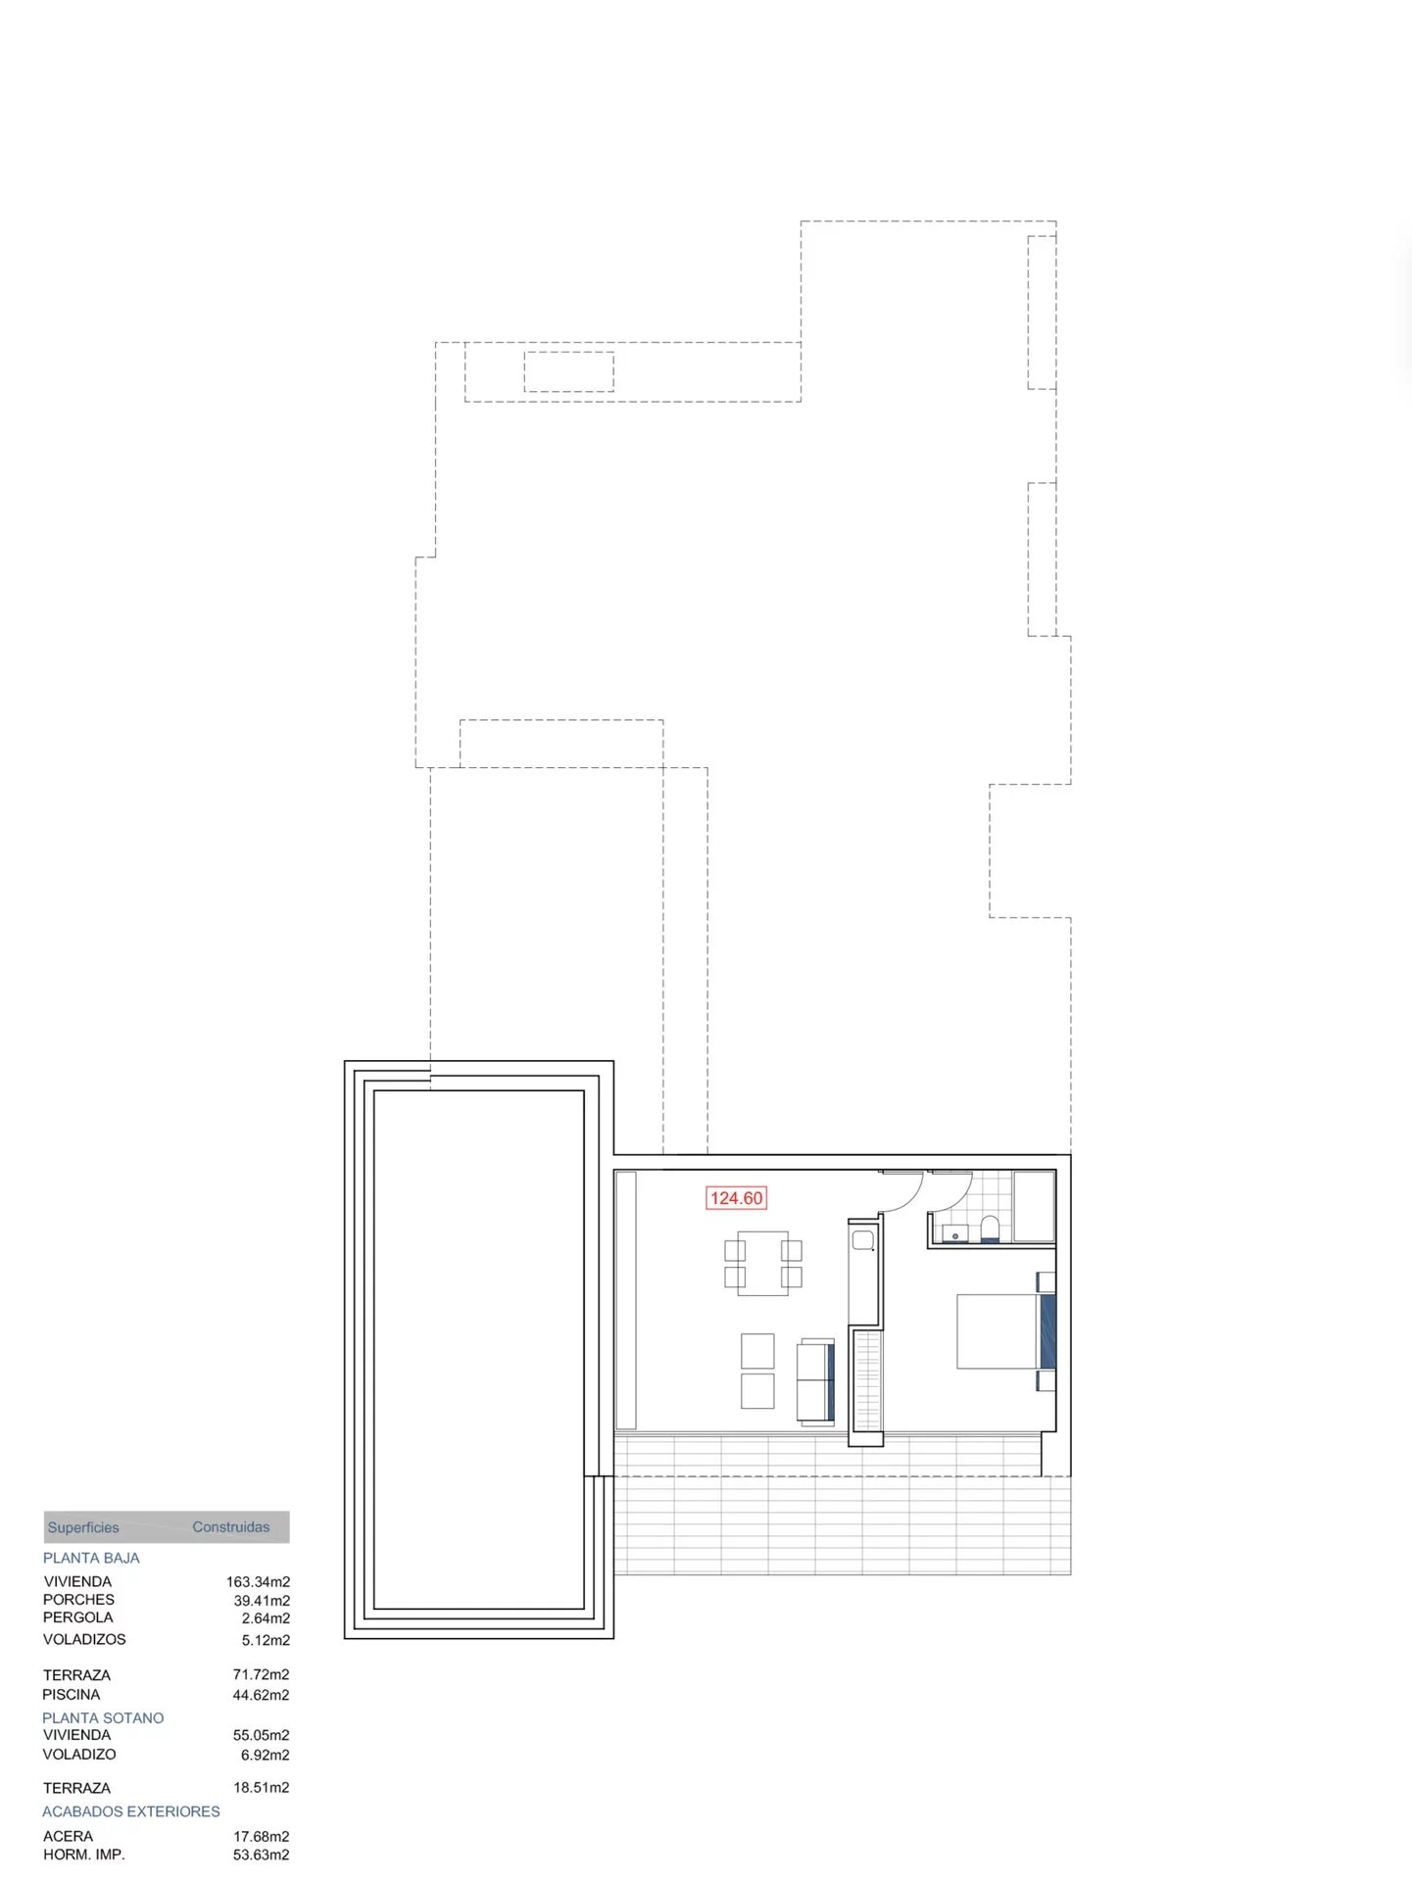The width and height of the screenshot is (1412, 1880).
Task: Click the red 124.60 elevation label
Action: pos(736,1198)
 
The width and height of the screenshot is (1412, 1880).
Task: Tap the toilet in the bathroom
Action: pos(990,1229)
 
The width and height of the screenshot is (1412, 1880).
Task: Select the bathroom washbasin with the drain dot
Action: pos(955,1233)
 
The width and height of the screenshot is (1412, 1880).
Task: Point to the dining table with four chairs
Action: pos(763,1264)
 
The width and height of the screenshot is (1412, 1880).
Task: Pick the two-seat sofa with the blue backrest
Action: pos(815,1381)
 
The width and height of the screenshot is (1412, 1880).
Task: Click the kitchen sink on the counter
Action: pos(863,1240)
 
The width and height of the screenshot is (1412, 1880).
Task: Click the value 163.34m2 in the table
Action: pos(258,1582)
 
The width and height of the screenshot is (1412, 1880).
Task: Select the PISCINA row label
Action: pos(72,1695)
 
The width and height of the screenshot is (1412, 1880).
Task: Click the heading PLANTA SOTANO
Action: pos(103,1718)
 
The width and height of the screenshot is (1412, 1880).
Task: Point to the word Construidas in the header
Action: pos(230,1527)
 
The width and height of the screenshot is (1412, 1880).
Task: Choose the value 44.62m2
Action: pos(261,1696)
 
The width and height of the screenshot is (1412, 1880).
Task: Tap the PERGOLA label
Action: pos(78,1617)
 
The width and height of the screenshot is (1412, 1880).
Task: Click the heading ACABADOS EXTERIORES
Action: pos(131,1811)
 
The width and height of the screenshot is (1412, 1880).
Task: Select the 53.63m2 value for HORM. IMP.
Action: pos(261,1856)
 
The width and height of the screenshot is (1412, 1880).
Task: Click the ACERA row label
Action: pos(69,1837)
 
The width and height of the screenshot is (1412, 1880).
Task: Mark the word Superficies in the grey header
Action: pos(83,1528)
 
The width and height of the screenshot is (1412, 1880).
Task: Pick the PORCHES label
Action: pos(79,1600)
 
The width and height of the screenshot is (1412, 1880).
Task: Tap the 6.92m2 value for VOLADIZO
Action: pos(265,1756)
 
